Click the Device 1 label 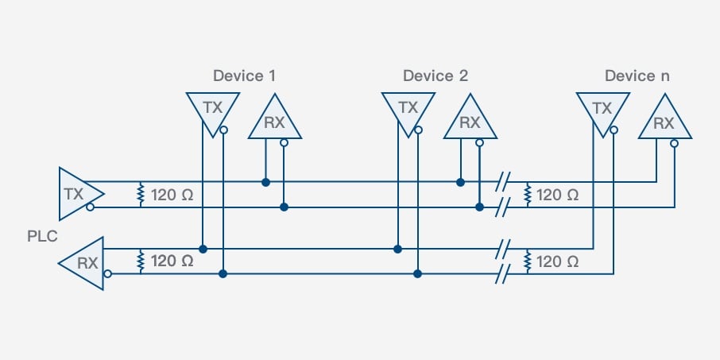point(244,76)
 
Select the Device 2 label point(435,76)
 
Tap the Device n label point(637,76)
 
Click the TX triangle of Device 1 point(212,109)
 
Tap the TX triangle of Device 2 point(407,109)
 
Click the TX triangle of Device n point(602,109)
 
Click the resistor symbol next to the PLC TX point(141,194)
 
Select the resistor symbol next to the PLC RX point(141,261)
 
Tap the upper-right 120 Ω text point(557,195)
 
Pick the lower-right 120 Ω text point(557,261)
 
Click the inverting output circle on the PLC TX point(92,207)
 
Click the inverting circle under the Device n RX point(674,144)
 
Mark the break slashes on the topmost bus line point(501,182)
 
